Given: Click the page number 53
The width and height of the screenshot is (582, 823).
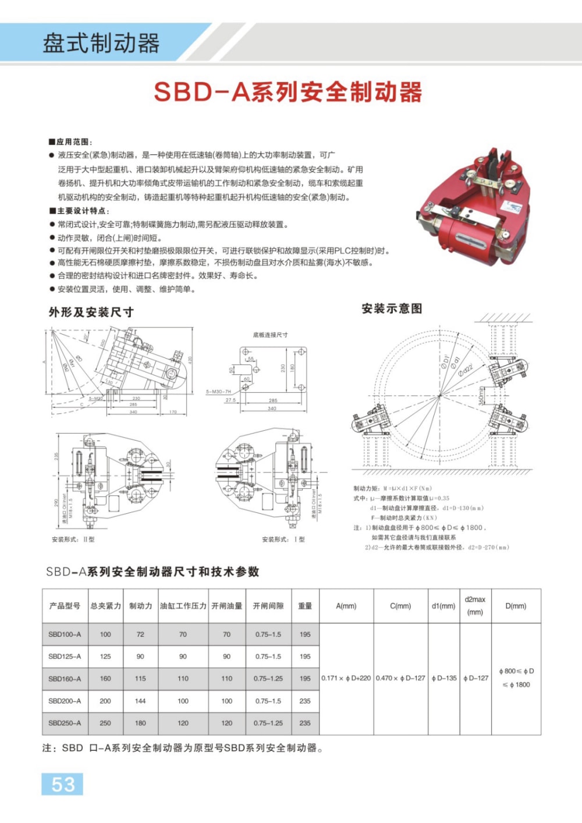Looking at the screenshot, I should click(x=62, y=784).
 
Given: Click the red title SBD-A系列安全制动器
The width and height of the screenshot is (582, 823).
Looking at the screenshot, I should click(x=288, y=92).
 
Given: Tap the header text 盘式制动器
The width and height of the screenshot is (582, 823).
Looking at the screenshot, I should click(x=101, y=44).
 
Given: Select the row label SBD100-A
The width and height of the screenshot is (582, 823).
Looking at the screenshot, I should click(x=65, y=634).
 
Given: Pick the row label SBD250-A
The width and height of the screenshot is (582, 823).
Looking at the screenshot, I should click(x=65, y=723).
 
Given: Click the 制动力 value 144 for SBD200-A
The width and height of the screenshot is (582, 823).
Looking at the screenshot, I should click(x=140, y=701).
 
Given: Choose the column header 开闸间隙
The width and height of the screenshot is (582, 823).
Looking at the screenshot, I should click(x=268, y=606).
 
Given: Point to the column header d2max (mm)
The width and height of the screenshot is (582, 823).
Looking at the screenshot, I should click(x=475, y=605).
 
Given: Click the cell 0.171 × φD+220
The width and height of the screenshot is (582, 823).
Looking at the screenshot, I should click(x=346, y=679).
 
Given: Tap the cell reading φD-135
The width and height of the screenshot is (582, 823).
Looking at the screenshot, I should click(x=443, y=679).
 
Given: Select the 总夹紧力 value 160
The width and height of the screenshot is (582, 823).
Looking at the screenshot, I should click(x=105, y=679).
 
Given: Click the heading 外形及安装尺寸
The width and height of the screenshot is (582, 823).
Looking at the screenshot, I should click(x=91, y=313).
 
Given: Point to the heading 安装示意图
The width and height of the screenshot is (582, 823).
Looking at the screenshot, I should click(x=392, y=308).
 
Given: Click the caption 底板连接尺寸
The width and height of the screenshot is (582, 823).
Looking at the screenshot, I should click(x=270, y=335).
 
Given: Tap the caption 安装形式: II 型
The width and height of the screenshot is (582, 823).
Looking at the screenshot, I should click(x=73, y=540).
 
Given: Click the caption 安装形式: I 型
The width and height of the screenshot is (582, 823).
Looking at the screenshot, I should click(x=283, y=540).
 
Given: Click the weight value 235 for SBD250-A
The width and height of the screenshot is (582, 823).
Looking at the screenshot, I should click(x=305, y=723).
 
